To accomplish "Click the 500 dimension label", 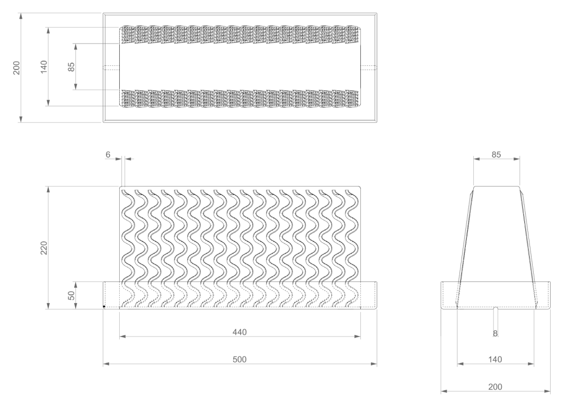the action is coord(240,359).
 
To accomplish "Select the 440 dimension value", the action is coord(240,332).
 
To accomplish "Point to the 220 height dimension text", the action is coord(43,248).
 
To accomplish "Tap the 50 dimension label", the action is coord(72,295).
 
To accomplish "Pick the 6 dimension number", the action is coord(108,154).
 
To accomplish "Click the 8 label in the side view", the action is coord(495,334).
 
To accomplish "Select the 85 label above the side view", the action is coord(497,154).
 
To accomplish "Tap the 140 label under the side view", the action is coord(495,359).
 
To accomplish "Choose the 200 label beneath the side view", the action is coord(495,387).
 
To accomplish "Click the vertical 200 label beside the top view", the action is coord(16,68).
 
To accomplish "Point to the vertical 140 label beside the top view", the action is coord(43,67).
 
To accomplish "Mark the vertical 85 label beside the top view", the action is coord(72,67).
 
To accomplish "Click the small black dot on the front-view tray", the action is coord(104,307).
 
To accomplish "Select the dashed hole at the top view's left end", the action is coord(111,67).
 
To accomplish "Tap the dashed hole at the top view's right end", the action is coord(368,67).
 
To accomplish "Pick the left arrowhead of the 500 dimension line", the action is coord(107,364).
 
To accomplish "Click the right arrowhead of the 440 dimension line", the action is coord(357,337).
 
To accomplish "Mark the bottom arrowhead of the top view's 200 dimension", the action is coord(21,119).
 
